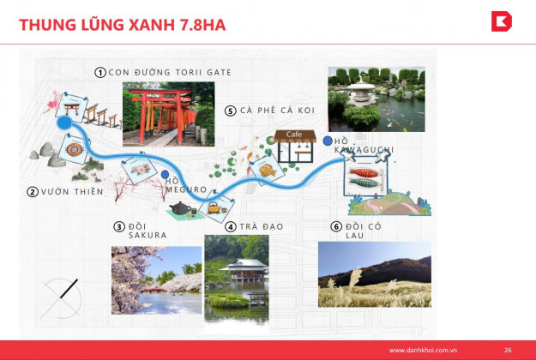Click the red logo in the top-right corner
coord(502,21)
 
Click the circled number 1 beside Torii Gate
coord(100,72)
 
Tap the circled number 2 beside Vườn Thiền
coord(33,192)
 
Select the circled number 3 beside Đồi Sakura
coord(119,227)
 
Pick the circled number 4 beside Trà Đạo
coord(231,227)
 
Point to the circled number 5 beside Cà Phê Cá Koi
coord(231,111)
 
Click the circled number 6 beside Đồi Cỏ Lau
coord(336,226)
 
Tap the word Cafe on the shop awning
coord(294,135)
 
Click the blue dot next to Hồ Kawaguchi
coord(328,141)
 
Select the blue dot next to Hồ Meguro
coord(166,175)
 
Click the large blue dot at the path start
coord(64,123)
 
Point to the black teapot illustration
coord(180,208)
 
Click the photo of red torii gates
coord(169,114)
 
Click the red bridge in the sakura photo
coord(154,291)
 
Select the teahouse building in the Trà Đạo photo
coord(244,270)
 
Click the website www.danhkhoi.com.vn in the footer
coord(423,350)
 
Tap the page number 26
coord(508,350)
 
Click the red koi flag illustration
coord(364,173)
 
